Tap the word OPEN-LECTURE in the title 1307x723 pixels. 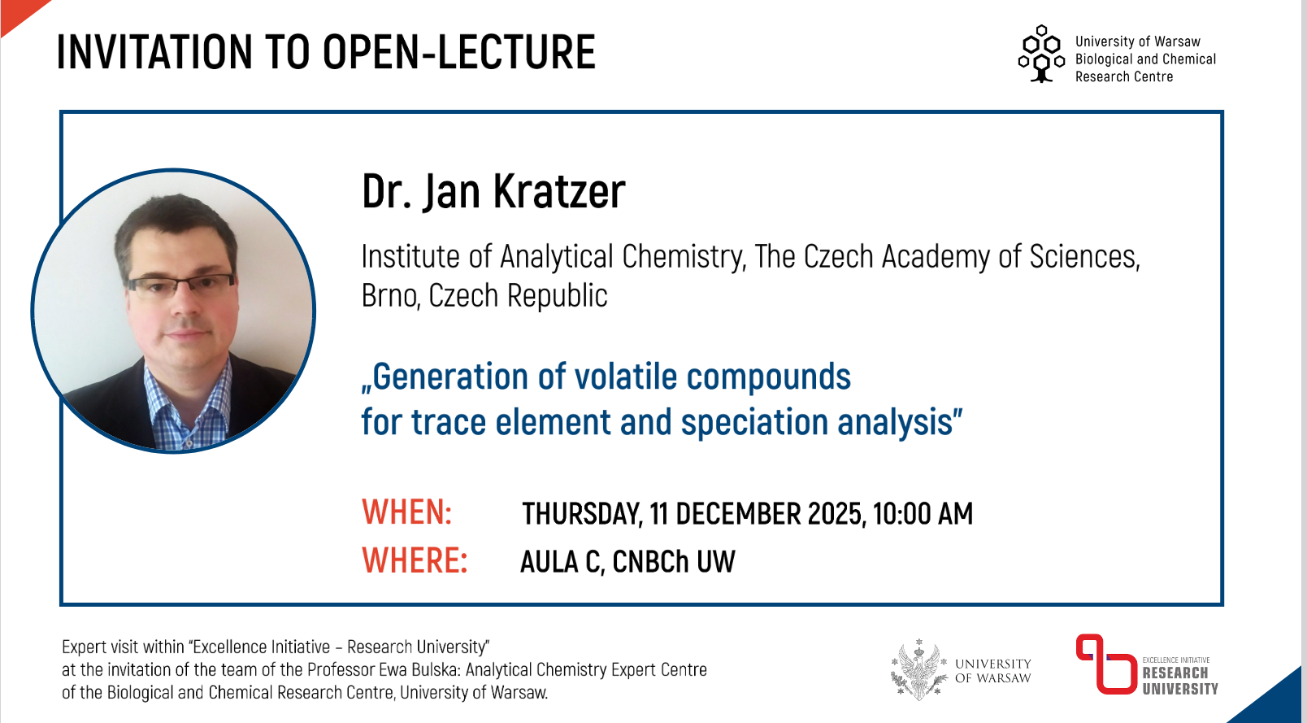459,52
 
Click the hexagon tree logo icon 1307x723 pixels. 1041,54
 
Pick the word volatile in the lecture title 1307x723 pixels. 626,377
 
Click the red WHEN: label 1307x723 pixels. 406,512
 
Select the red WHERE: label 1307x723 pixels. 415,560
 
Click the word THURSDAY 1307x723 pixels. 582,514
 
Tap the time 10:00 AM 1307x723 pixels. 923,514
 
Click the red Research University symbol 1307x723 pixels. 1105,664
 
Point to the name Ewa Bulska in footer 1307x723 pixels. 419,670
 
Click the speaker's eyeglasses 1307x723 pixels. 181,285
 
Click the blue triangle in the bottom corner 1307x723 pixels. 1275,703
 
